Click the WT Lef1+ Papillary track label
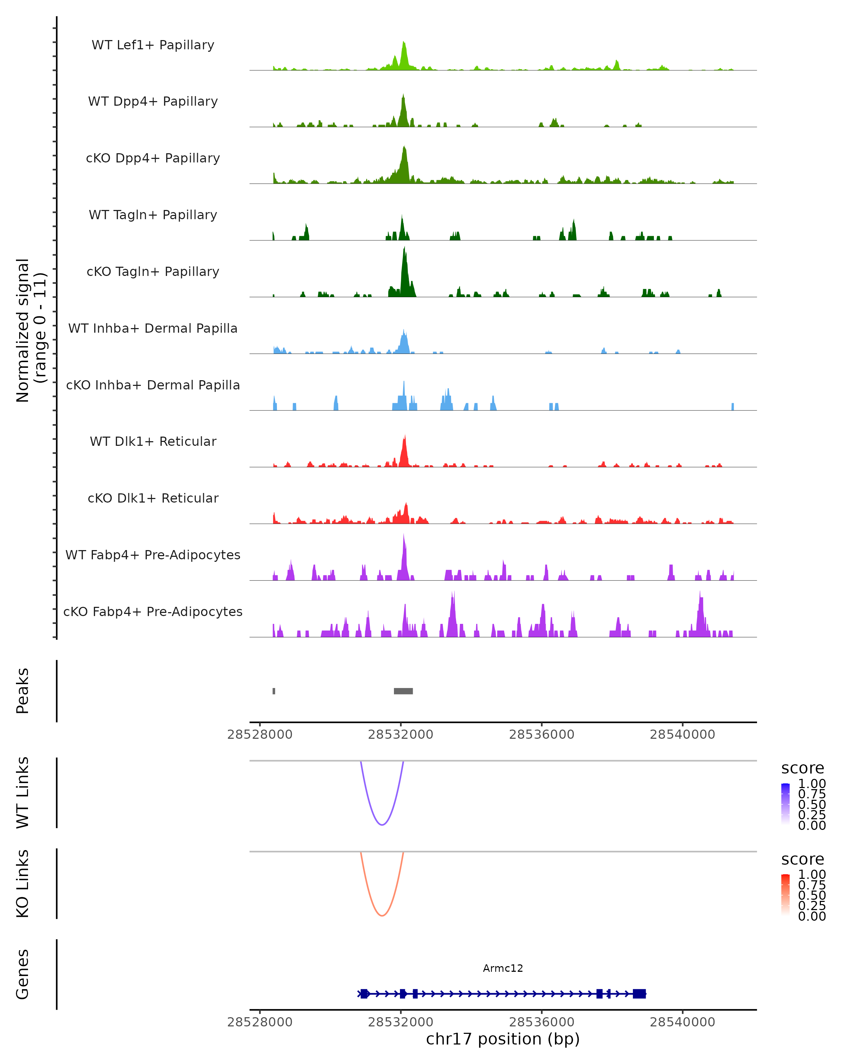(153, 45)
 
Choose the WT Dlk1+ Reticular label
(153, 441)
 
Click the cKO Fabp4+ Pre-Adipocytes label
(153, 611)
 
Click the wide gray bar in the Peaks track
(403, 691)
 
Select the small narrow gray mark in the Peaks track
(274, 691)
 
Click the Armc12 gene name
(503, 968)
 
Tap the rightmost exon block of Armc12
(639, 993)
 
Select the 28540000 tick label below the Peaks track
(682, 735)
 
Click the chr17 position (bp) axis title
(503, 1039)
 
